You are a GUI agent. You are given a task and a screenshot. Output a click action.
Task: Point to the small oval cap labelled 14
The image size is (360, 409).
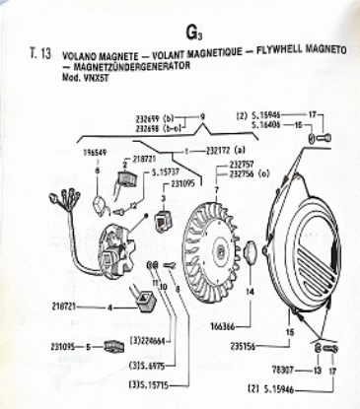pos(250,252)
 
